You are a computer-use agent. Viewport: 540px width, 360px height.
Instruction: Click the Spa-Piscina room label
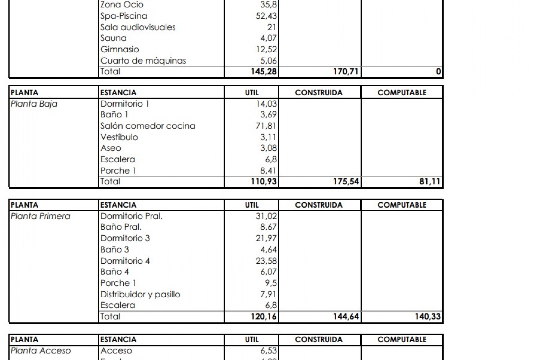point(124,16)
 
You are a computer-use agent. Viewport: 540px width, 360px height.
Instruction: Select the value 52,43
point(266,16)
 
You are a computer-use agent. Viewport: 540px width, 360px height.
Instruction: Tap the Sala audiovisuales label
point(138,27)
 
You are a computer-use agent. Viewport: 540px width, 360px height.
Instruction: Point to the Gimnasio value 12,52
point(266,49)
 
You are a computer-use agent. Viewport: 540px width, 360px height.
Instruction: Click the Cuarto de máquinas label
point(143,60)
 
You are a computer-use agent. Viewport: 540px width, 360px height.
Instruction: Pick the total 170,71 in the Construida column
point(346,71)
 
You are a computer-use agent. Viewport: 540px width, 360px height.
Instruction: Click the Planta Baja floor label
point(34,104)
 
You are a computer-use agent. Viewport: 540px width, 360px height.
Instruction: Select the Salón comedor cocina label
point(148,126)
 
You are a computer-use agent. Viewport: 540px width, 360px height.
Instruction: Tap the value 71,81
point(266,126)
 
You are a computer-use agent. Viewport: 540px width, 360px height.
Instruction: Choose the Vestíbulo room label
point(119,137)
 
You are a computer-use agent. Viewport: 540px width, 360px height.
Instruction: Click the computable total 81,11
point(429,181)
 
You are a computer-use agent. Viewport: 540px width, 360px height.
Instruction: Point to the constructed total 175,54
point(346,181)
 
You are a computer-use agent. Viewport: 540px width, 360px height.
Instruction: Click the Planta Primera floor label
point(40,216)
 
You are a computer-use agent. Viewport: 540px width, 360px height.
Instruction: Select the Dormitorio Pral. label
point(131,216)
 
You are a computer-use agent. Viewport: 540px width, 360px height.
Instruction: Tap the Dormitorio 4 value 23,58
point(266,261)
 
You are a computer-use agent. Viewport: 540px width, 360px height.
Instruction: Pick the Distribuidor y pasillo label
point(140,294)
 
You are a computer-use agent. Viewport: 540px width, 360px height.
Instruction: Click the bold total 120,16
point(264,316)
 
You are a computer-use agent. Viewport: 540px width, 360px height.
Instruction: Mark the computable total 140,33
point(427,316)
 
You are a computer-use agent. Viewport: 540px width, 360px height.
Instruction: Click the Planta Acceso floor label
point(41,351)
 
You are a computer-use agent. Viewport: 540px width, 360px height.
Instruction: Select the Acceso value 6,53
point(268,350)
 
